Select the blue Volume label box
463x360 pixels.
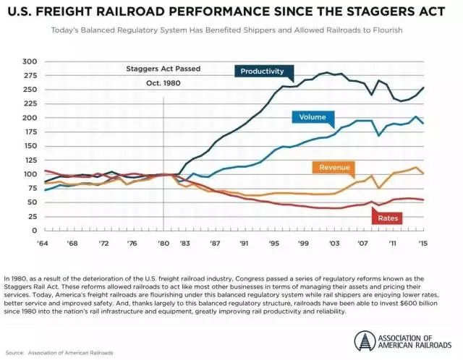[313, 117]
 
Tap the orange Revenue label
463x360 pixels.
[335, 167]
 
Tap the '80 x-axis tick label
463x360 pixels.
[164, 244]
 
